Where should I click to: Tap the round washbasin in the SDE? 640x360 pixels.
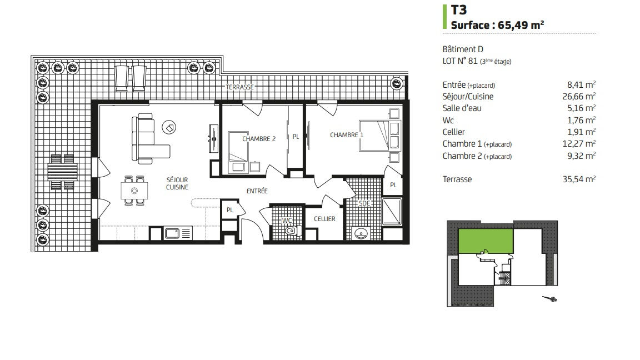[x=361, y=234]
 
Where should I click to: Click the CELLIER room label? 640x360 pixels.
[x=324, y=219]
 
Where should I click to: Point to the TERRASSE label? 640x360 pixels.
[x=240, y=87]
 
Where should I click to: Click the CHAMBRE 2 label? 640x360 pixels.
[x=259, y=139]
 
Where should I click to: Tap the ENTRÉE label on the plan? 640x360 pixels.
[x=257, y=191]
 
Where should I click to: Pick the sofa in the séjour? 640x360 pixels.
[x=147, y=139]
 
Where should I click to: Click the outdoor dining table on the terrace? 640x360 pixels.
[x=62, y=172]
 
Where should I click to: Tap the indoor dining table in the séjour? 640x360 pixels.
[x=134, y=191]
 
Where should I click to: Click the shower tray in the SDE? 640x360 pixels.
[x=392, y=212]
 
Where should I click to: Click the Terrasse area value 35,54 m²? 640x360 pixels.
[x=579, y=179]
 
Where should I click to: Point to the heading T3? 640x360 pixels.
[x=459, y=10]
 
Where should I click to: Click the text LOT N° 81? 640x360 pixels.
[x=459, y=61]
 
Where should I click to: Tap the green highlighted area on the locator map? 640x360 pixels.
[x=486, y=241]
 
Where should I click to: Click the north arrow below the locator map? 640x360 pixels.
[x=550, y=299]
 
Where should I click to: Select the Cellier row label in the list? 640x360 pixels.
[x=453, y=132]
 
